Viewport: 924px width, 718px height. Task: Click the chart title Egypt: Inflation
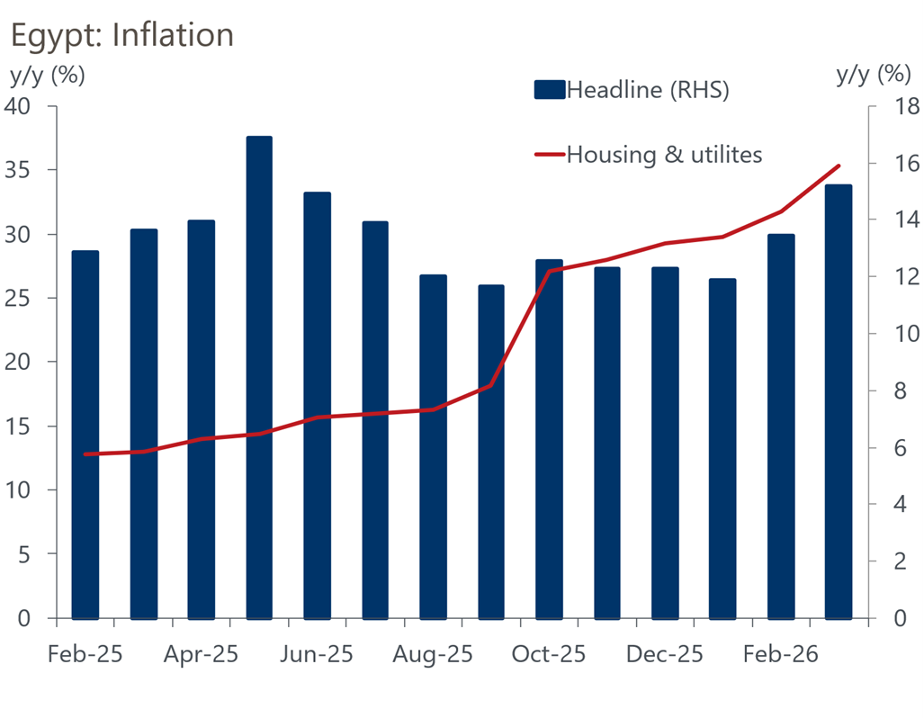[121, 34]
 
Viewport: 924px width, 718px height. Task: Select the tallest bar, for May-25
[259, 378]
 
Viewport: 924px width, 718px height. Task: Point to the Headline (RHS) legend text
[647, 90]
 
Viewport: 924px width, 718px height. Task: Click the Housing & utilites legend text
[664, 155]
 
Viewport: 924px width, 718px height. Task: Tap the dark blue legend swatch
[549, 90]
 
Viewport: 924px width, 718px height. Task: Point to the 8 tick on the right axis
[893, 391]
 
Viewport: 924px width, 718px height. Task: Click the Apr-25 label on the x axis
[201, 655]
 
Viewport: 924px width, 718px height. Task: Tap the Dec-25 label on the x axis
[664, 655]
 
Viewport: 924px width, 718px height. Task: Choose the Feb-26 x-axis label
[780, 655]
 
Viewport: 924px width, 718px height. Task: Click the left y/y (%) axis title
[47, 75]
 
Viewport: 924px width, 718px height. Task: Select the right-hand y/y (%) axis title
[873, 74]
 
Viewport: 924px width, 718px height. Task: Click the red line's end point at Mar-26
[839, 166]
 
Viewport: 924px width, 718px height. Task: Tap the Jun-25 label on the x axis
[317, 655]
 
